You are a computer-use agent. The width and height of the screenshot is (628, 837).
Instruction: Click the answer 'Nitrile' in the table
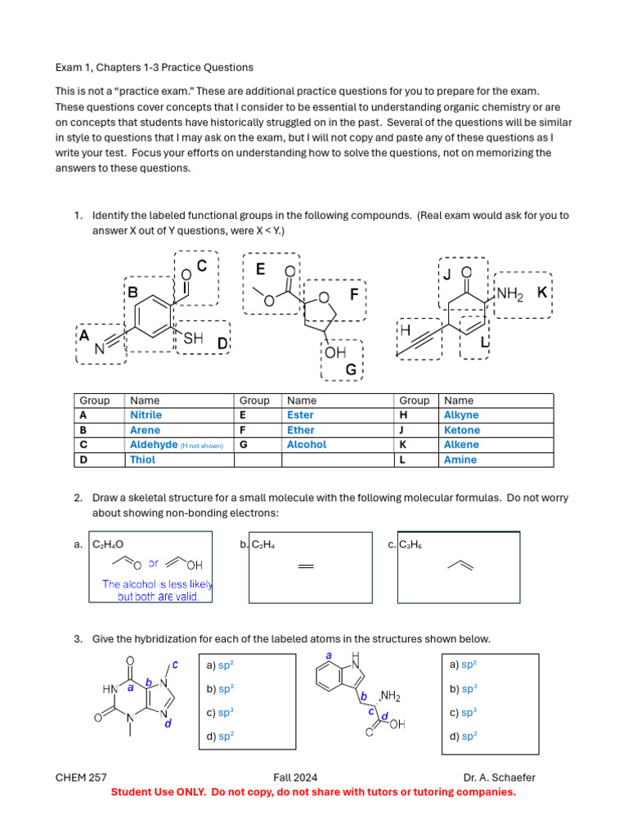tap(147, 415)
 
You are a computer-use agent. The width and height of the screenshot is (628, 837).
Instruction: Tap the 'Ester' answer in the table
tap(300, 415)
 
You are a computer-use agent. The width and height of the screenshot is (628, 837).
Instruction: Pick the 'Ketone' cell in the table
tap(461, 430)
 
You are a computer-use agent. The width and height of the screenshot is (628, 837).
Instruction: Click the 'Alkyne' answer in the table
tap(461, 415)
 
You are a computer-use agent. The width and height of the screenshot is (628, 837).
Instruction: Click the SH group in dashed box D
tap(193, 338)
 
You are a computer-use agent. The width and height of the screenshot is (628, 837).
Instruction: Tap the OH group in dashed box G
tap(335, 352)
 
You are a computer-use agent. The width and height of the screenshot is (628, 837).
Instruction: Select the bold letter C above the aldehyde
tap(202, 266)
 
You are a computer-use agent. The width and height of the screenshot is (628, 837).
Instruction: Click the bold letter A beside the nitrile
tap(83, 335)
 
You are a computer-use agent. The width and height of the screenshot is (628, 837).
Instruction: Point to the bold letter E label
tap(260, 269)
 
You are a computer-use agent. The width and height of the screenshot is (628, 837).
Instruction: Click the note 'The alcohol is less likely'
tap(157, 584)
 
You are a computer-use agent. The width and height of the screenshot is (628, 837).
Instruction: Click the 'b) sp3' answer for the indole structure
tap(463, 689)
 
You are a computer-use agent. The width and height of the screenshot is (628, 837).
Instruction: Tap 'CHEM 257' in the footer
tap(81, 777)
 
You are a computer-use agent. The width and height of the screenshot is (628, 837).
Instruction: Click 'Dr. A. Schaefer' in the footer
tap(499, 777)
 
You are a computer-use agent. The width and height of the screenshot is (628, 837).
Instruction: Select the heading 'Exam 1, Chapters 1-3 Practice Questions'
tap(154, 67)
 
